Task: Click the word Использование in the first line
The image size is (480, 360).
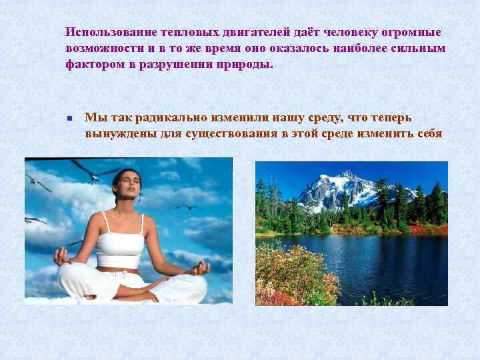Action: pyautogui.click(x=111, y=33)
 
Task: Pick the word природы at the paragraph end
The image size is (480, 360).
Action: pyautogui.click(x=247, y=65)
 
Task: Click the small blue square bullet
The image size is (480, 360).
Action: pyautogui.click(x=69, y=119)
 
